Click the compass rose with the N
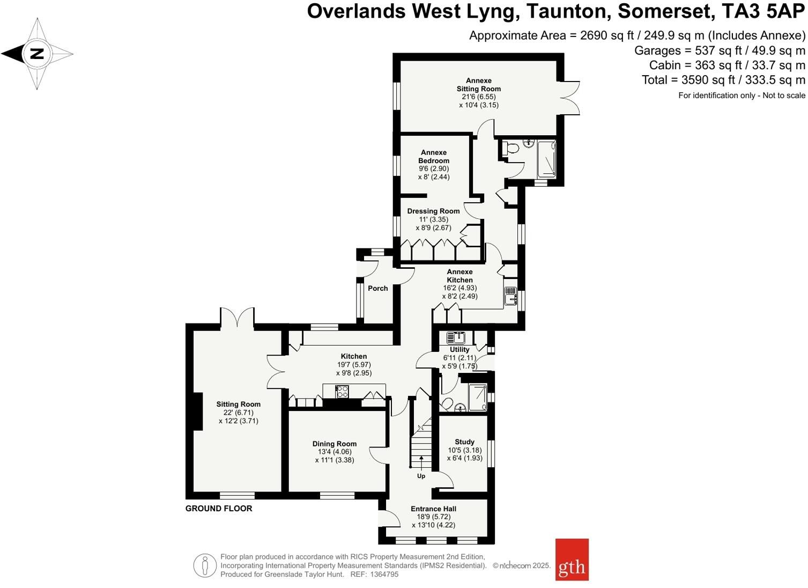36,54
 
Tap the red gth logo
572,560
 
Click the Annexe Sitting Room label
478,85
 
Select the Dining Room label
335,444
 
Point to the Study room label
464,442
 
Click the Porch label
377,288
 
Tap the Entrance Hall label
433,509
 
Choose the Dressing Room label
433,211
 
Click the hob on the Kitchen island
342,392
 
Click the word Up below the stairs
421,476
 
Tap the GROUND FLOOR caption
218,508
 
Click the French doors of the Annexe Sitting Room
570,98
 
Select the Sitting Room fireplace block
197,411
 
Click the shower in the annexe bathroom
546,158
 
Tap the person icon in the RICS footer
205,565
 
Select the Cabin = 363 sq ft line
727,65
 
